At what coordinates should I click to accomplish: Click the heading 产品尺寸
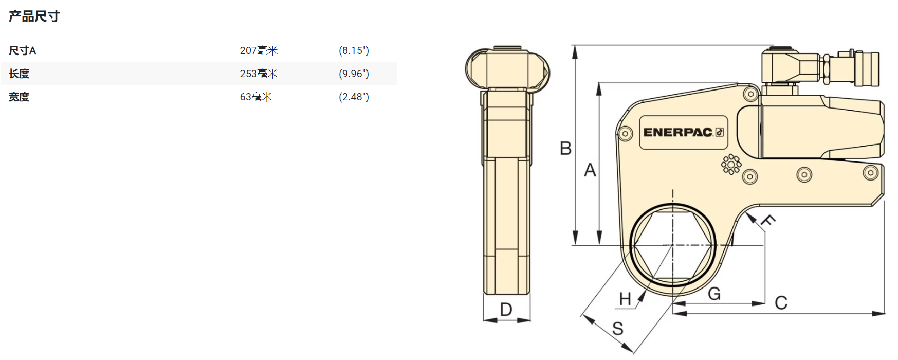pos(34,16)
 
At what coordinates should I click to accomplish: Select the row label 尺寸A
pos(22,50)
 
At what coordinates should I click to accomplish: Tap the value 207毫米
pos(259,50)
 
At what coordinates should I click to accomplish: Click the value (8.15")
pos(354,50)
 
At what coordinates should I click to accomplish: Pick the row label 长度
pos(19,74)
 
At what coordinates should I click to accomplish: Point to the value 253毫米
pos(259,74)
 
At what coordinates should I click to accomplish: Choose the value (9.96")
pos(354,74)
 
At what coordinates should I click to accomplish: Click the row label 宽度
pos(19,97)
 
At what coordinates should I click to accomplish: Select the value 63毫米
pos(256,97)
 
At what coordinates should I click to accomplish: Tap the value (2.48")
pos(354,97)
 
